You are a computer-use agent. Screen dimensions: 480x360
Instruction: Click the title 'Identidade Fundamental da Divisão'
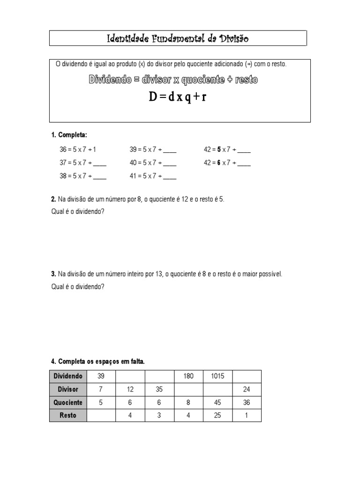pyautogui.click(x=178, y=38)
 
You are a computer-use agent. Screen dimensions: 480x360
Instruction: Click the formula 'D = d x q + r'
pyautogui.click(x=178, y=97)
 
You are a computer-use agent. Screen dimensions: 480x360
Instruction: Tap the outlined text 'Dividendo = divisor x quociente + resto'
pyautogui.click(x=173, y=80)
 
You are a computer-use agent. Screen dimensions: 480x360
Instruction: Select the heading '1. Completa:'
pyautogui.click(x=69, y=135)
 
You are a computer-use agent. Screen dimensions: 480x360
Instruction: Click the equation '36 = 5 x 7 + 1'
pyautogui.click(x=78, y=150)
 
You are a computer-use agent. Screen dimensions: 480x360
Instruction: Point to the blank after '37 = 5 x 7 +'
pyautogui.click(x=100, y=164)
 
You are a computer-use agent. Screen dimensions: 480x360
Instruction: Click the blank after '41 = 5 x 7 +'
pyautogui.click(x=170, y=177)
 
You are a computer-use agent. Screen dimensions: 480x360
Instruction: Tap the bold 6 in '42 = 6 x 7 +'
pyautogui.click(x=218, y=163)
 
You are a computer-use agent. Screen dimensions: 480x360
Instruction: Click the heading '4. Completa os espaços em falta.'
pyautogui.click(x=98, y=361)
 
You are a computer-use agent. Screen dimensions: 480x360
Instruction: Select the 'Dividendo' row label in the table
pyautogui.click(x=68, y=376)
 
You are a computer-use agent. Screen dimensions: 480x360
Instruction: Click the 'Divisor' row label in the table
pyautogui.click(x=68, y=389)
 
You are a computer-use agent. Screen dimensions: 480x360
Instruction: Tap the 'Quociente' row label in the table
pyautogui.click(x=68, y=402)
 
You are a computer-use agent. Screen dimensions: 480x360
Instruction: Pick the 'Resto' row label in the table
pyautogui.click(x=68, y=415)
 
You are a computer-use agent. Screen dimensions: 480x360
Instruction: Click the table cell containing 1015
pyautogui.click(x=217, y=376)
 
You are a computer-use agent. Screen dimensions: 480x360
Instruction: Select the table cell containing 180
pyautogui.click(x=188, y=376)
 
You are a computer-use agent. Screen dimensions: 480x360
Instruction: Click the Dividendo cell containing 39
pyautogui.click(x=101, y=376)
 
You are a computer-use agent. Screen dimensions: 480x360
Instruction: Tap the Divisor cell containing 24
pyautogui.click(x=247, y=389)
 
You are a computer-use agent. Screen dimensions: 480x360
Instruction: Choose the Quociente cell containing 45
pyautogui.click(x=217, y=402)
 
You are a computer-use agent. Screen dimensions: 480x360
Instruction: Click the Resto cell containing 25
pyautogui.click(x=217, y=415)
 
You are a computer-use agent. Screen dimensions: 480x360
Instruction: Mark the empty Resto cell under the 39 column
pyautogui.click(x=101, y=415)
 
